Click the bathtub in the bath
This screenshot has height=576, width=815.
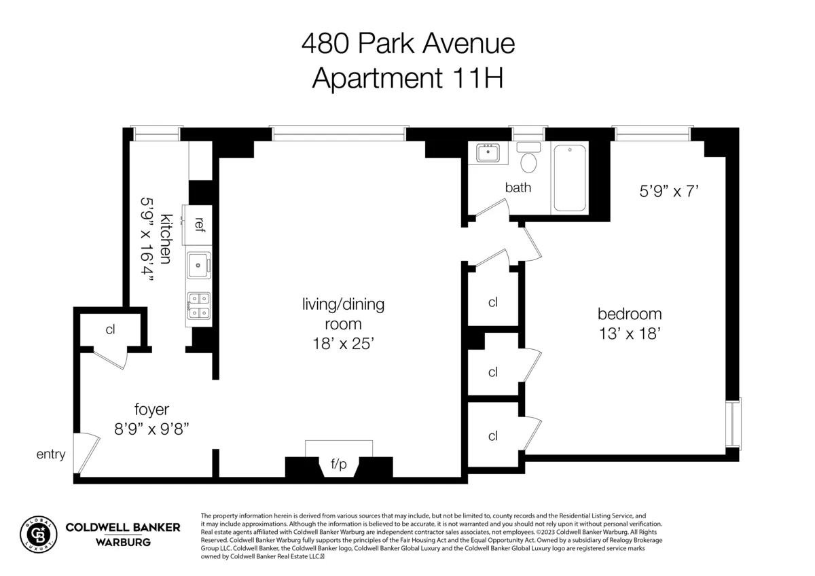tap(570, 178)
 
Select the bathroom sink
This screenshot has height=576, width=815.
tap(488, 153)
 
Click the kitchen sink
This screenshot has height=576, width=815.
tap(198, 264)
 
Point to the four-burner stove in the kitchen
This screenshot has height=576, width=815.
tap(198, 305)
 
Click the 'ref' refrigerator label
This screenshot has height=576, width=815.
tap(199, 224)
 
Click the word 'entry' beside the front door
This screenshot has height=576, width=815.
tap(51, 454)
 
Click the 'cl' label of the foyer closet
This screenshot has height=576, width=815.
tap(110, 330)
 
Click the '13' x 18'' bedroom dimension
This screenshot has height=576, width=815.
tap(629, 334)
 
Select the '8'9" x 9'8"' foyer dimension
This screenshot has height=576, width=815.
tap(151, 429)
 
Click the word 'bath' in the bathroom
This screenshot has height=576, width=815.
tap(518, 187)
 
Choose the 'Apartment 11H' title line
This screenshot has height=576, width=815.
tap(407, 78)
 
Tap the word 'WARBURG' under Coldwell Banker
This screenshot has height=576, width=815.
tap(122, 542)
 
